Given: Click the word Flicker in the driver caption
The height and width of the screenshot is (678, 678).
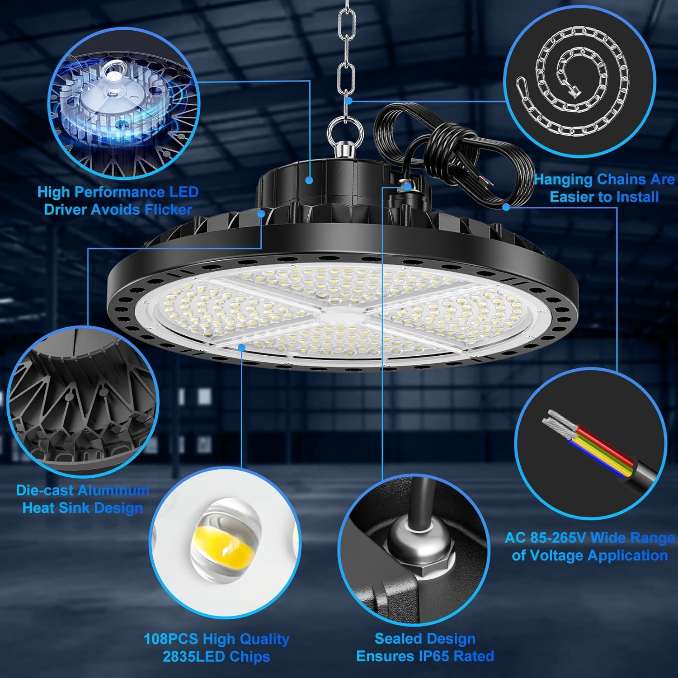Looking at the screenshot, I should point(168,210).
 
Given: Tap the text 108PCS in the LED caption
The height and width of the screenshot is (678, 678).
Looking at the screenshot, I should point(171,639).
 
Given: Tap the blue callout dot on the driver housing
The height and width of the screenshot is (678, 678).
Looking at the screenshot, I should point(309,180).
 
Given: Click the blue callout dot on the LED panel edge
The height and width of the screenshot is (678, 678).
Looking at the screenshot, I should point(242,347).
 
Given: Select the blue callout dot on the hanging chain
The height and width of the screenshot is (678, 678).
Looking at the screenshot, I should point(348,100).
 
